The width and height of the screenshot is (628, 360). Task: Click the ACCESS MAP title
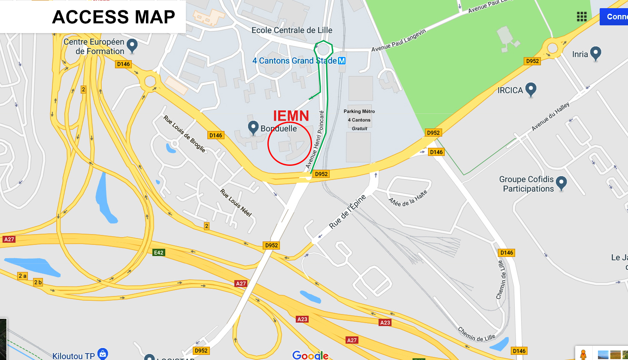(x=114, y=17)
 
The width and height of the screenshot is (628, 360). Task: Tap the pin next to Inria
(x=595, y=53)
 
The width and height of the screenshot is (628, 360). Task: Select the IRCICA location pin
(x=531, y=89)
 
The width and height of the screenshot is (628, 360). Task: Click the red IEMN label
(x=291, y=116)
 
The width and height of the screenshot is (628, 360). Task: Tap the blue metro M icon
(x=342, y=61)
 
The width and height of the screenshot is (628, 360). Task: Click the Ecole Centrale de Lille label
(x=292, y=31)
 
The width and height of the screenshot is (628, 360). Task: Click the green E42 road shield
(x=159, y=253)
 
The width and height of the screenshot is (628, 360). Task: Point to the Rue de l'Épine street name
(x=347, y=211)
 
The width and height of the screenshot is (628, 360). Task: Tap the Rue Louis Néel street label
(x=236, y=202)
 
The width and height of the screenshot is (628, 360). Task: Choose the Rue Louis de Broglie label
(x=185, y=134)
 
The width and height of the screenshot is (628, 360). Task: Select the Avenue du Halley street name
(x=550, y=116)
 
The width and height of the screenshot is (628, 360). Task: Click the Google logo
(x=310, y=355)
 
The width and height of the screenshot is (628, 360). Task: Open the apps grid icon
(x=582, y=17)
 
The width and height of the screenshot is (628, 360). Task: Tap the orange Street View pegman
(x=583, y=354)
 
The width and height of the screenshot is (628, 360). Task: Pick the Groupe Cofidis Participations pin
(x=561, y=183)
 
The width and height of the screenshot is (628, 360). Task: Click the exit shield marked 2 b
(x=38, y=282)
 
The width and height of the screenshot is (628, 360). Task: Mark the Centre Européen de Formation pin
(x=132, y=45)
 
